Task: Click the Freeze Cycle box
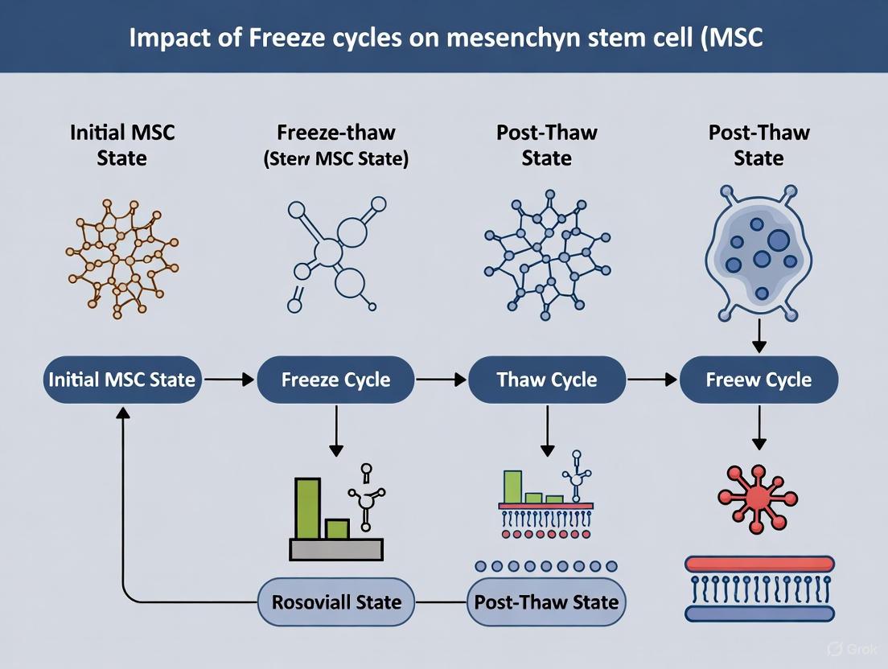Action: (x=335, y=380)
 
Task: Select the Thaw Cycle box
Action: (x=547, y=380)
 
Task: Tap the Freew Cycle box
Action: (x=758, y=380)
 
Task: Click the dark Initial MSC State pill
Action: (x=122, y=380)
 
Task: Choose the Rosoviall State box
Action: (x=335, y=601)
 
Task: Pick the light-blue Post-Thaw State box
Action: (x=547, y=601)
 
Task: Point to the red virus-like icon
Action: (x=757, y=499)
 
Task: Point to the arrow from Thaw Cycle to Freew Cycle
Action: (x=652, y=380)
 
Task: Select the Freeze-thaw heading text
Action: (x=335, y=133)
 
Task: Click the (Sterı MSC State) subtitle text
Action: (x=335, y=158)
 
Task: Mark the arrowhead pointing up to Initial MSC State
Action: (x=122, y=412)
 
